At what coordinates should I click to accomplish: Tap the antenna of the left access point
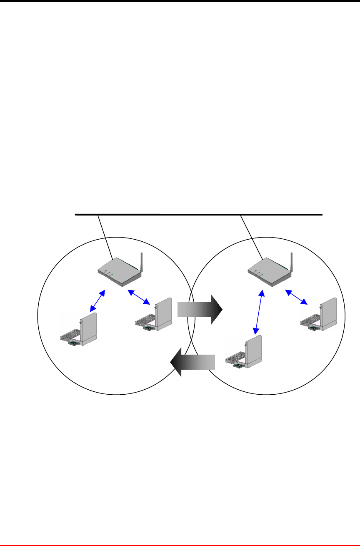142,263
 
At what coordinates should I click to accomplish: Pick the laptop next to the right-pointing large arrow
154,315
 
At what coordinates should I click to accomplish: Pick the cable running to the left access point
105,237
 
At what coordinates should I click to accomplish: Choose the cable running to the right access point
251,237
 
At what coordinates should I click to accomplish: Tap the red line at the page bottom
180,545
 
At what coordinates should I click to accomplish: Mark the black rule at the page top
180,1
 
